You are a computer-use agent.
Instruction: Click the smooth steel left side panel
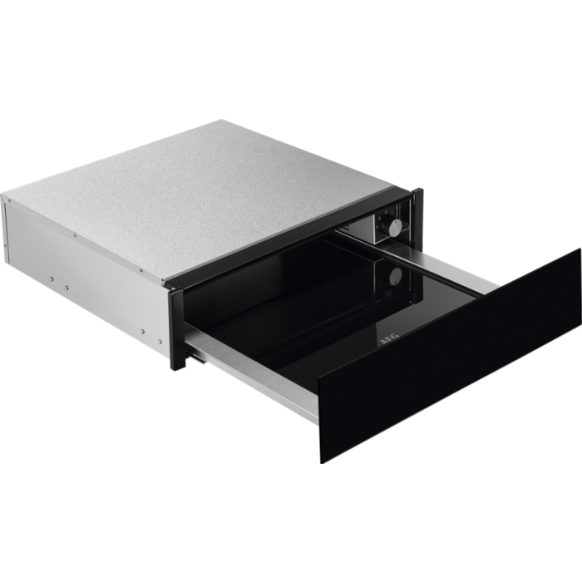click(83, 249)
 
